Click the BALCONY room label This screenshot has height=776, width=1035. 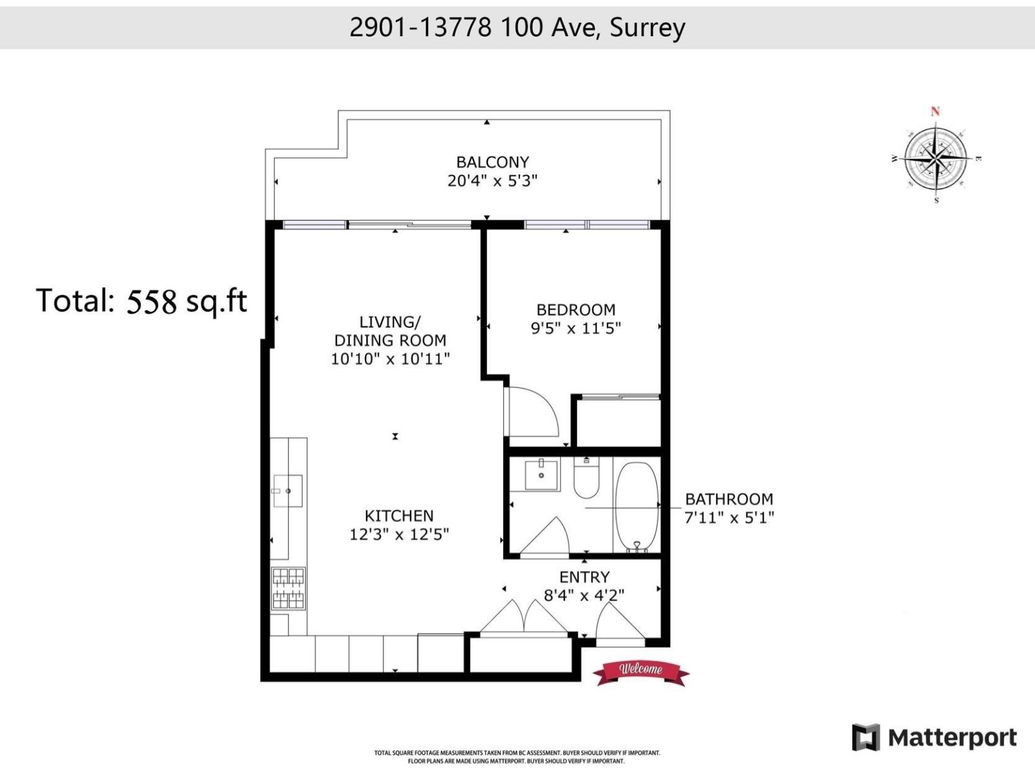[492, 162]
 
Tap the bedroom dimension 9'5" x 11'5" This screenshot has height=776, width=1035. [575, 329]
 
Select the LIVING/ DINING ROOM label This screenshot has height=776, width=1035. [389, 331]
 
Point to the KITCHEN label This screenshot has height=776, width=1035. [399, 516]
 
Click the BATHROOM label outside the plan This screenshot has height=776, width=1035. [729, 499]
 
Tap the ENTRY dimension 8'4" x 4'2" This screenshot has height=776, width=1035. [583, 596]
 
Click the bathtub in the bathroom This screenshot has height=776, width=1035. [637, 507]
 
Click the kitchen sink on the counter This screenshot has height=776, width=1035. [287, 491]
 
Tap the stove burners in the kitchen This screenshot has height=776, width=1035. [289, 588]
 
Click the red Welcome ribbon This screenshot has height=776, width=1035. [640, 671]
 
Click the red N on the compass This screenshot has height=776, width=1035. [935, 111]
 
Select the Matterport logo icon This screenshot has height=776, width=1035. [866, 737]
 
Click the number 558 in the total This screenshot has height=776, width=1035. [151, 302]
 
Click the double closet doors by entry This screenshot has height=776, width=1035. [523, 618]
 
